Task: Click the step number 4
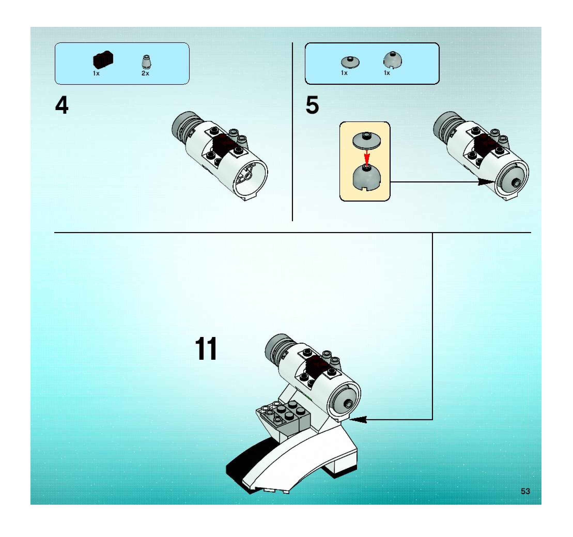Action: (x=62, y=105)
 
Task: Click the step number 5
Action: (x=312, y=105)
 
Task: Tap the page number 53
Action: (x=525, y=491)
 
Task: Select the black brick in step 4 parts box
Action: (x=103, y=60)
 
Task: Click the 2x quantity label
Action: (x=145, y=73)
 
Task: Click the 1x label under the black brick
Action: (x=96, y=73)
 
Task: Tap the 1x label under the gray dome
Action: (x=386, y=73)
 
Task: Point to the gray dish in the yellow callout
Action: (x=367, y=141)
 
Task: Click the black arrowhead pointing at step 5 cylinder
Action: (x=486, y=182)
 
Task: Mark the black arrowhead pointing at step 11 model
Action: (x=359, y=419)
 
